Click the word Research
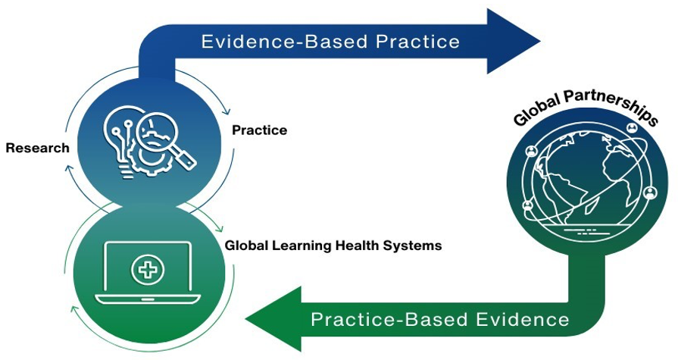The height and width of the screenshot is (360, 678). click(38, 148)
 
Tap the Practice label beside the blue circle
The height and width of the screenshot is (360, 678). click(259, 130)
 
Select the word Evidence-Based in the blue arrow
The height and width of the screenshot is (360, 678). click(284, 42)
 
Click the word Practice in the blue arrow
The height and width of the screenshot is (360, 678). click(417, 42)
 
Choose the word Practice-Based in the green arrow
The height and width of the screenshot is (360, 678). click(389, 320)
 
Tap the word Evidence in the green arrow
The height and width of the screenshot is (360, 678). click(523, 320)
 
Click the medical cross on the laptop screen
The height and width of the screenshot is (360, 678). click(148, 270)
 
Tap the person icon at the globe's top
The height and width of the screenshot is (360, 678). click(632, 127)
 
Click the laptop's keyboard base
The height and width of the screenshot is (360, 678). click(148, 299)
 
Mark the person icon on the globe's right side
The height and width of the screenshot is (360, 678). click(650, 193)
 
